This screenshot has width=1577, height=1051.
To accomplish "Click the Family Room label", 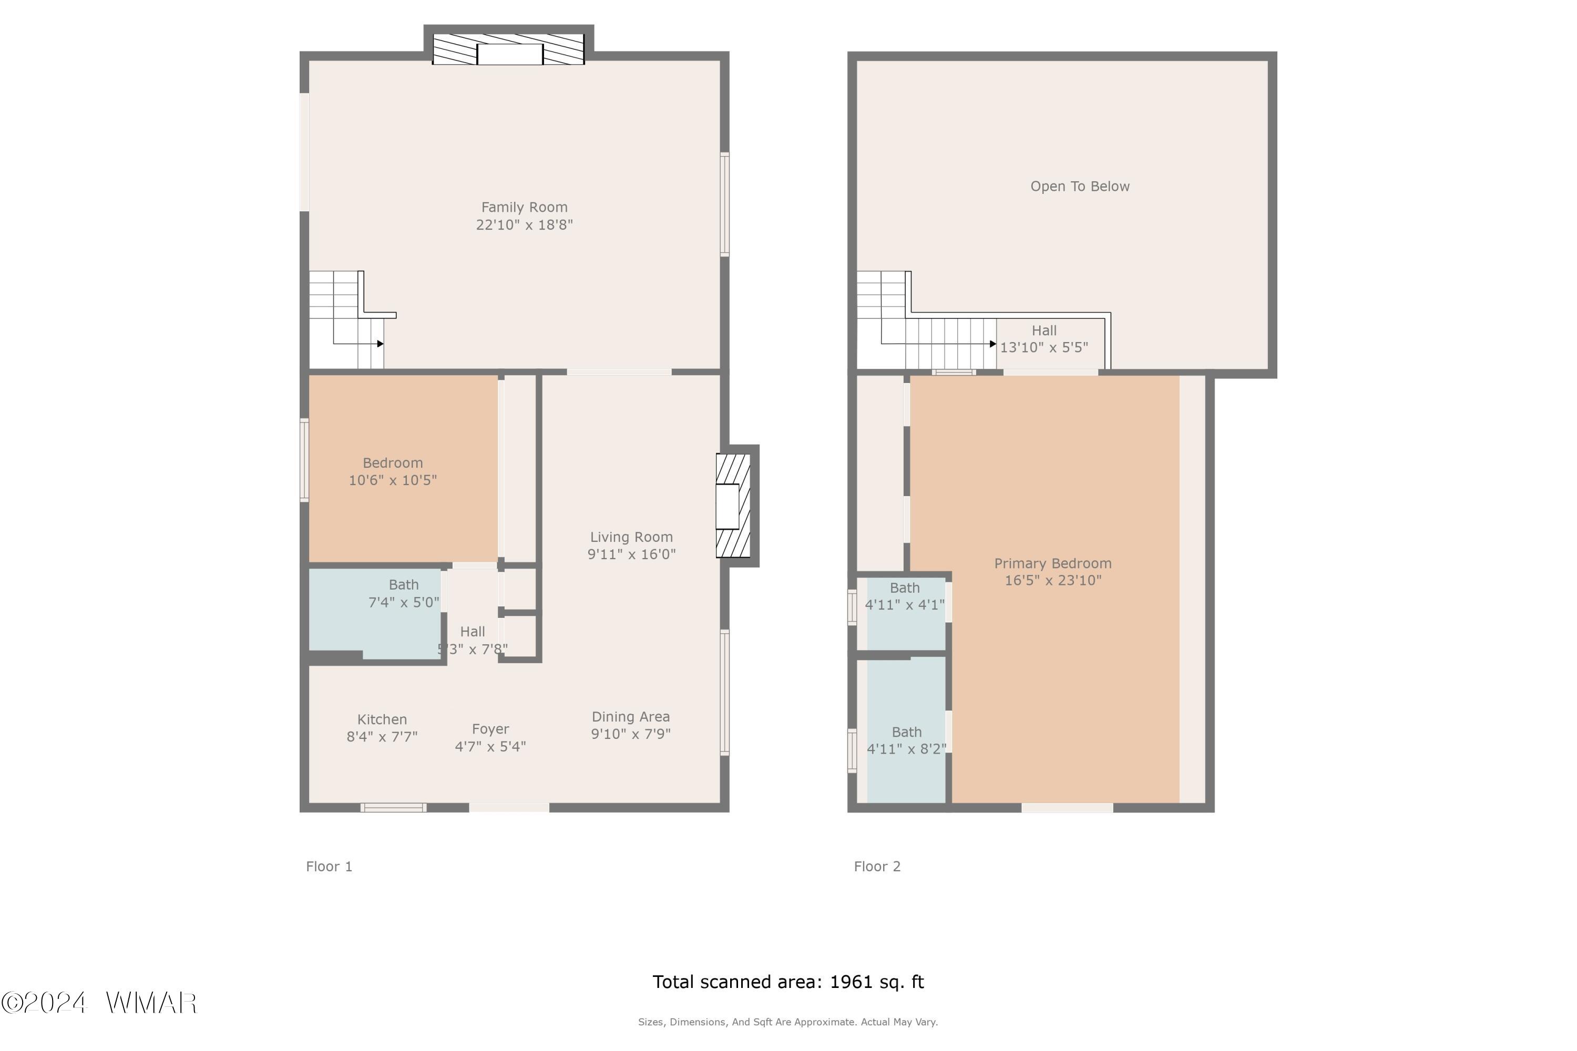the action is [x=524, y=208].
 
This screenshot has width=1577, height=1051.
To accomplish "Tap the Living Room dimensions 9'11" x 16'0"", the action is [x=632, y=554].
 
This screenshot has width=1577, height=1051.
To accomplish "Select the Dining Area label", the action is [x=631, y=717].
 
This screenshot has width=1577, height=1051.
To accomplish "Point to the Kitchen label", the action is [x=382, y=720].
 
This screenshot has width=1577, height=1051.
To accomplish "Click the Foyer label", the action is [x=490, y=729].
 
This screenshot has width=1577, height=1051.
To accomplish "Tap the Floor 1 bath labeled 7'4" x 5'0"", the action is [x=375, y=613].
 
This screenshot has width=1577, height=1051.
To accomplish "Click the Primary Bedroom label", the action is [x=1053, y=564].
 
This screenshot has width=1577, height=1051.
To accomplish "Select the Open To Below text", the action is [x=1080, y=187].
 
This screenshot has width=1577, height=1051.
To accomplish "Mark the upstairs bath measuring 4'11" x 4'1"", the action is [x=906, y=613].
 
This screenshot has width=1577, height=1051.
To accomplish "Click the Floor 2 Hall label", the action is [x=1044, y=331].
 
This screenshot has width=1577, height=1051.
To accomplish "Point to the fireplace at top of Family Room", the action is [x=508, y=49].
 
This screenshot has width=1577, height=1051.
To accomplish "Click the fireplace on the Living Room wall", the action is [x=733, y=506].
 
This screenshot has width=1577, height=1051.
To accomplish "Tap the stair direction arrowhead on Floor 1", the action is [x=380, y=344].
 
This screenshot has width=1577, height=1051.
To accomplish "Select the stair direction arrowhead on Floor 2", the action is [x=993, y=344].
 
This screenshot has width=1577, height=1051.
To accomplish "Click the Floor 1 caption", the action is [x=329, y=867].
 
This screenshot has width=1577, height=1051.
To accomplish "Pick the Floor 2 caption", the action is [x=877, y=867].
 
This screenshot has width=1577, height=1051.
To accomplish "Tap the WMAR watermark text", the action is [x=151, y=1003].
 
